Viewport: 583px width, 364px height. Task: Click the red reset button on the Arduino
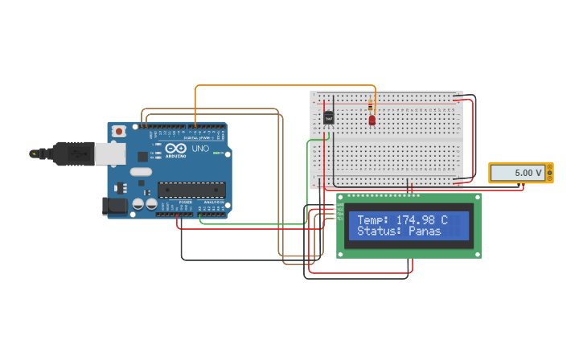119,131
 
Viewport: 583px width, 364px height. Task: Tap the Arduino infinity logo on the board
175,149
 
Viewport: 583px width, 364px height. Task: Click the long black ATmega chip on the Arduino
191,190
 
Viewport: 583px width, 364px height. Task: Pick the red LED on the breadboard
372,120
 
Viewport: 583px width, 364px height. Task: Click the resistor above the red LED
370,105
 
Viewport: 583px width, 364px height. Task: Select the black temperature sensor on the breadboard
329,117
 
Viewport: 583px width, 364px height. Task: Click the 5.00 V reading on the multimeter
528,173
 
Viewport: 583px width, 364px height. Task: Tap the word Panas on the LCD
425,231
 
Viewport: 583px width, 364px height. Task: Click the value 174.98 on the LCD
417,219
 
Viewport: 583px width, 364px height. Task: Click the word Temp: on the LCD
373,219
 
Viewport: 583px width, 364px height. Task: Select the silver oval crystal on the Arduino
141,171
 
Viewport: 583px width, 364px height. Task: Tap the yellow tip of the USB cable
34,153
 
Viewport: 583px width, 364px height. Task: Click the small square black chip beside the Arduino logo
142,156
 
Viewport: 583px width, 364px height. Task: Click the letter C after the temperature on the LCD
444,219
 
